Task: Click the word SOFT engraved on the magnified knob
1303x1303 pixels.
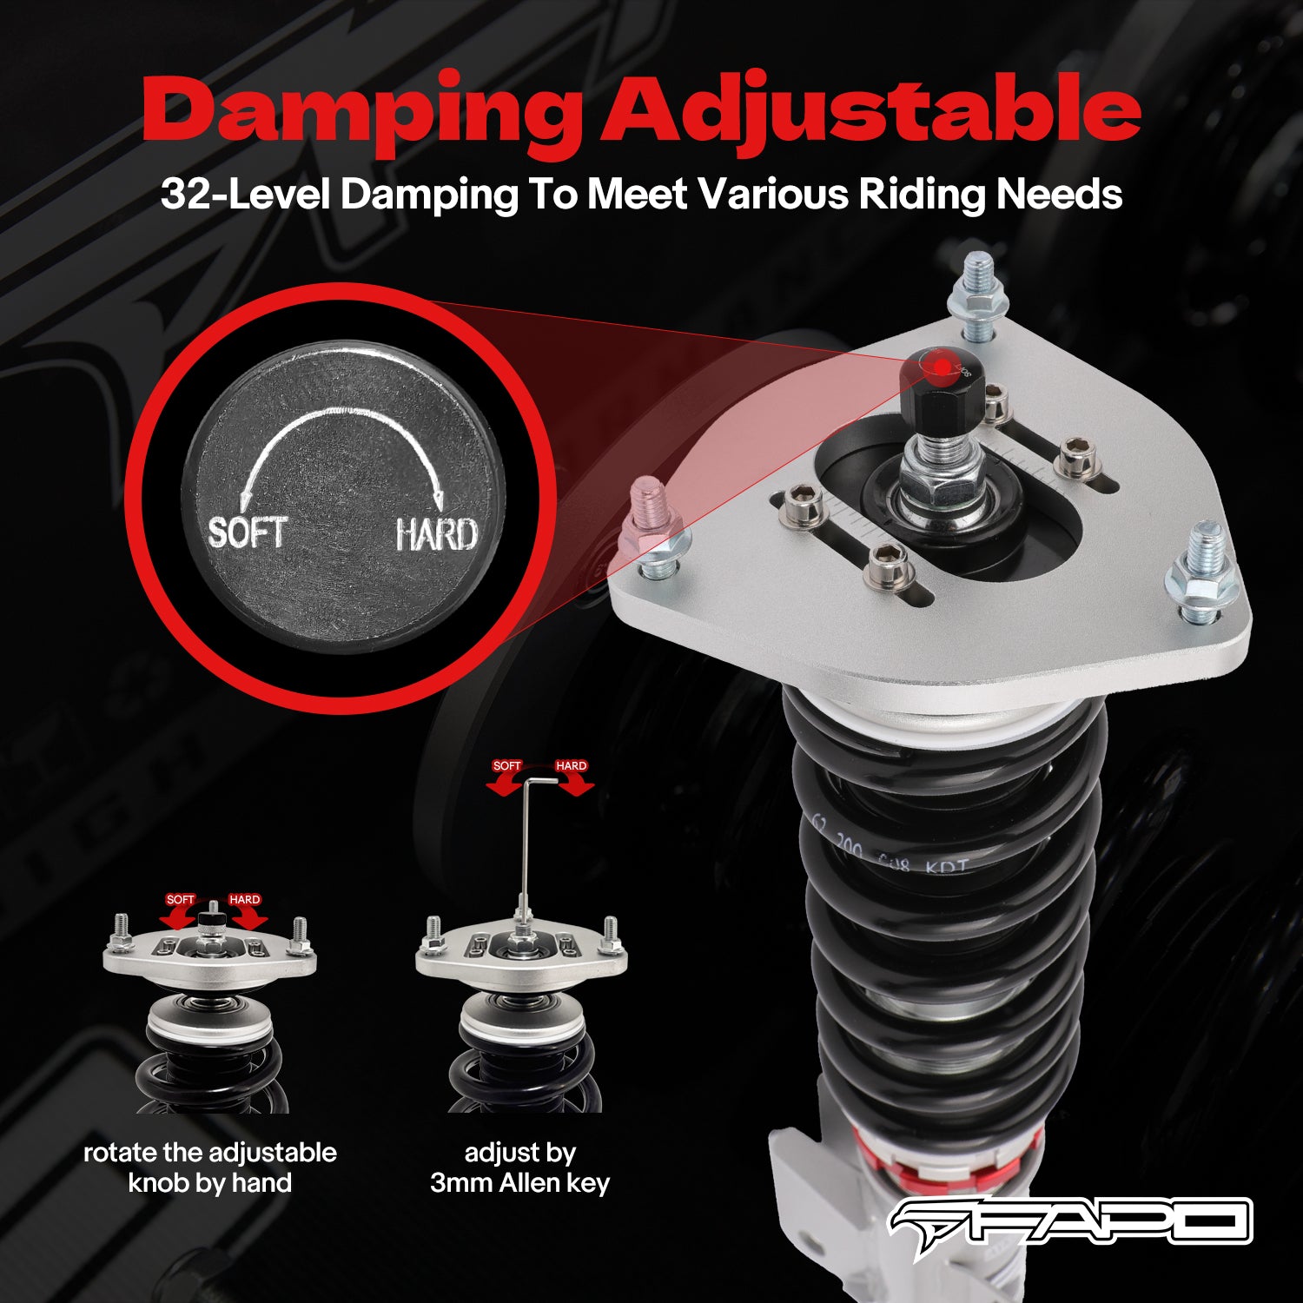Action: [247, 532]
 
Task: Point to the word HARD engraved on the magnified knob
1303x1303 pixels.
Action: [436, 533]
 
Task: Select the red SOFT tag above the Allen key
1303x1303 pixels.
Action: [506, 766]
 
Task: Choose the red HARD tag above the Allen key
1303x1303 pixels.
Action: [571, 766]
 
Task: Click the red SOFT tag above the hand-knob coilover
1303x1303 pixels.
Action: [180, 900]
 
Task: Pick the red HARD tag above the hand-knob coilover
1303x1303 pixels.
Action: [244, 900]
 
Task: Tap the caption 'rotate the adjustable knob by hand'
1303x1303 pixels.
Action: [209, 1167]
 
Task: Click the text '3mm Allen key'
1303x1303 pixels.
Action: [519, 1183]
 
